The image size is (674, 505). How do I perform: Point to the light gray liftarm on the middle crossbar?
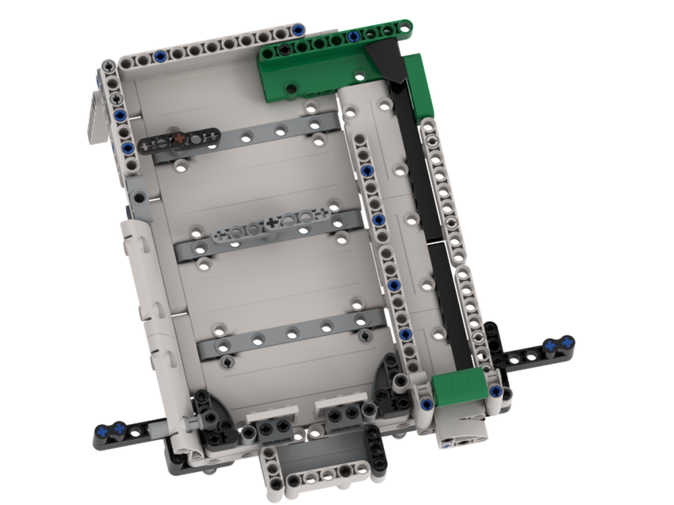click(x=270, y=222)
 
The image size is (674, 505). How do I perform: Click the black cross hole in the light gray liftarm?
click(x=272, y=222)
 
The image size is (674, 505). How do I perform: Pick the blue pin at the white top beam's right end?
click(x=297, y=30)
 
